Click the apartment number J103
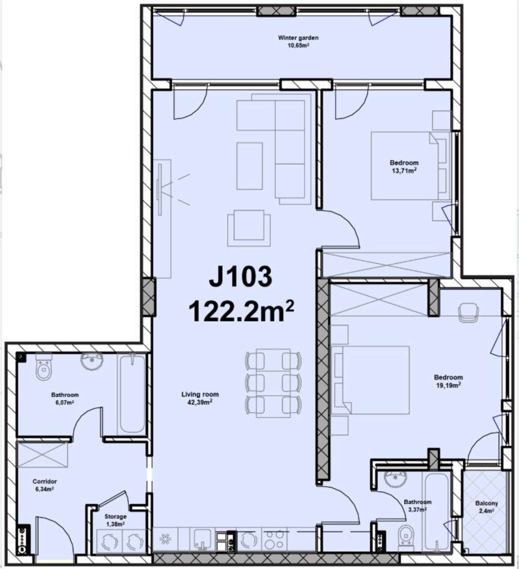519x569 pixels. pyautogui.click(x=240, y=277)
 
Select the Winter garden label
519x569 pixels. pyautogui.click(x=298, y=41)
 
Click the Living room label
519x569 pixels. pyautogui.click(x=200, y=398)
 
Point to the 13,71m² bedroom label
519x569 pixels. pyautogui.click(x=404, y=166)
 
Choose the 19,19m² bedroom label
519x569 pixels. pyautogui.click(x=448, y=381)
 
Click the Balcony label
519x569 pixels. pyautogui.click(x=486, y=507)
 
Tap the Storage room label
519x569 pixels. pyautogui.click(x=115, y=520)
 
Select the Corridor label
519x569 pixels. pyautogui.click(x=44, y=485)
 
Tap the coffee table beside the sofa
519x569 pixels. pyautogui.click(x=249, y=166)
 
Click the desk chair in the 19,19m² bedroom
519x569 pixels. pyautogui.click(x=468, y=313)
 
